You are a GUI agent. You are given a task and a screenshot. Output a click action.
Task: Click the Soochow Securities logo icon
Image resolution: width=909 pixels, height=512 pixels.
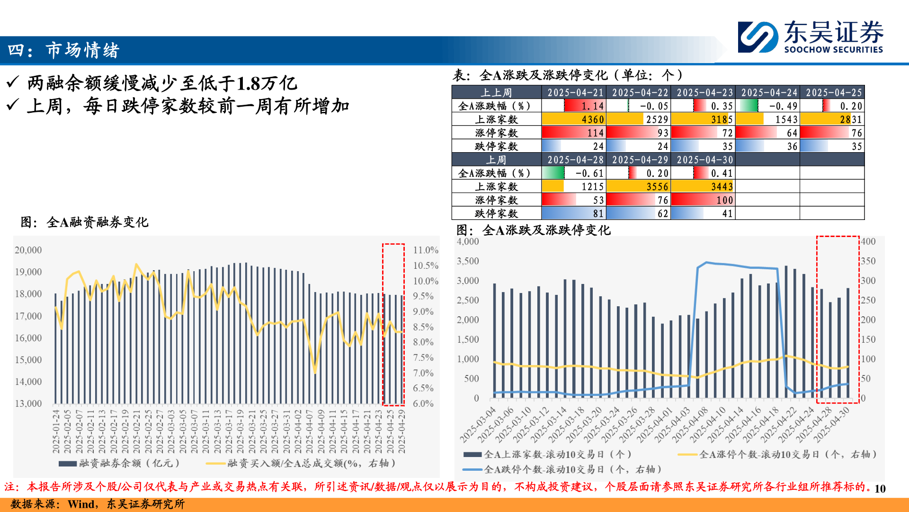tap(757, 37)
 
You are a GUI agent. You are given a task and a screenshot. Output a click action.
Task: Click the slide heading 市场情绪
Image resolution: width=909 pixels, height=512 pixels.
tap(82, 50)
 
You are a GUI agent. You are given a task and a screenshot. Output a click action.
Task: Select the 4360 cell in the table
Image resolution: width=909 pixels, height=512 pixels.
tap(574, 119)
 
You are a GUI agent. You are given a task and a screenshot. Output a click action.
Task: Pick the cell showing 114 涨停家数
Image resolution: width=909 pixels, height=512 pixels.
tap(574, 133)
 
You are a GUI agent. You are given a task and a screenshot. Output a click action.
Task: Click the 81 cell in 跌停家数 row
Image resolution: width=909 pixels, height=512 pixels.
tap(574, 214)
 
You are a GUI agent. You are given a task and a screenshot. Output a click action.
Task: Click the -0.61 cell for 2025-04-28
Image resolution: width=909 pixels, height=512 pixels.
tap(574, 174)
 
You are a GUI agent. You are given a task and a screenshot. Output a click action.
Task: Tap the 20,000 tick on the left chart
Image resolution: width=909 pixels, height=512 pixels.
tap(28, 250)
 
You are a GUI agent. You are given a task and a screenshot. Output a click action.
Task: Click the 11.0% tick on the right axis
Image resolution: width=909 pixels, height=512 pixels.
tap(425, 250)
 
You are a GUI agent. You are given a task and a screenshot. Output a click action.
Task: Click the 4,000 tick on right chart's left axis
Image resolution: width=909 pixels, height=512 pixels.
tap(468, 241)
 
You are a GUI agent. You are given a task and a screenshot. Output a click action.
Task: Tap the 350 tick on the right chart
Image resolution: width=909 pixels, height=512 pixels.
tap(868, 261)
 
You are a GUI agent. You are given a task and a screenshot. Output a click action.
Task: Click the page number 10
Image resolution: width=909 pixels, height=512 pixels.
tap(880, 489)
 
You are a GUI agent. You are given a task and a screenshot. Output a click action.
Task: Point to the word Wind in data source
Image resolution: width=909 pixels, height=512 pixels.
tap(81, 504)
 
